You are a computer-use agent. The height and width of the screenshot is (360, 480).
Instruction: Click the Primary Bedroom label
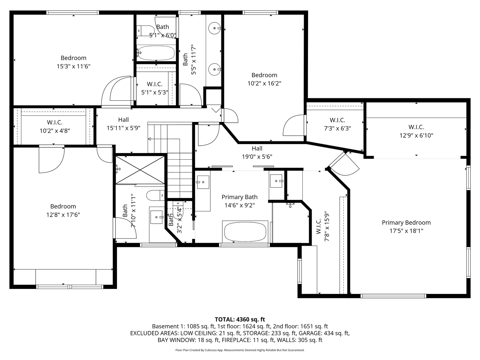click(406, 223)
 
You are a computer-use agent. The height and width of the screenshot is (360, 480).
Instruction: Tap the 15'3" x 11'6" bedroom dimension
click(73, 66)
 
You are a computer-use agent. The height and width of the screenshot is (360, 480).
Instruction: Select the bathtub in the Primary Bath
click(245, 232)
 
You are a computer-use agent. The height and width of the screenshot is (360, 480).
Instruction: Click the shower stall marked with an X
click(140, 169)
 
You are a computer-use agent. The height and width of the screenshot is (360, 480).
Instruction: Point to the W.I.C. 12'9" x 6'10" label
click(416, 127)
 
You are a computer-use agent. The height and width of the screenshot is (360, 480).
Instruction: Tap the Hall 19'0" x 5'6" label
click(257, 149)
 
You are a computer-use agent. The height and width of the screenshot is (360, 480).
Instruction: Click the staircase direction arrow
click(149, 139)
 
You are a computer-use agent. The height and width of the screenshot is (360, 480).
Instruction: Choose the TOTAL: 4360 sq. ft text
click(240, 319)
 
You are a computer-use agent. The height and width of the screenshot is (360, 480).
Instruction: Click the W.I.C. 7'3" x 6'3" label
click(337, 120)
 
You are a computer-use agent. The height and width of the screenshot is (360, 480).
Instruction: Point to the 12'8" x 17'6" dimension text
click(63, 215)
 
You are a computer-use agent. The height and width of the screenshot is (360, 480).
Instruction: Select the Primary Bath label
click(239, 197)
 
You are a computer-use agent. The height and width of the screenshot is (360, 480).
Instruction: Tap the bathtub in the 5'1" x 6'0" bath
click(156, 53)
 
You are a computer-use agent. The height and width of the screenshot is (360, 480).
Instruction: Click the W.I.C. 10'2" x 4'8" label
click(55, 123)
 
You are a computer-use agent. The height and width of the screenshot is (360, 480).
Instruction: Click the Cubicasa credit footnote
click(240, 350)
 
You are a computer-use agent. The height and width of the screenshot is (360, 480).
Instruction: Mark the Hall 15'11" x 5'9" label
click(123, 120)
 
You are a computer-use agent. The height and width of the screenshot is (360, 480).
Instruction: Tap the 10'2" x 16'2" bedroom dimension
click(264, 84)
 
